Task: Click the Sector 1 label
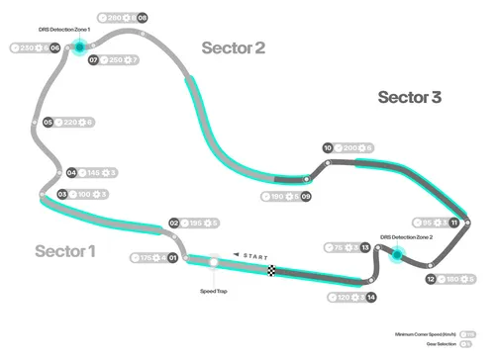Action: click(65, 250)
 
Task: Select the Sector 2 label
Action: click(234, 47)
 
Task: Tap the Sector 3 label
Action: click(410, 97)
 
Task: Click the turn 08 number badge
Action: click(143, 18)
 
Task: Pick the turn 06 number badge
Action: click(54, 47)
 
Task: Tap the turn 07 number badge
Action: click(93, 60)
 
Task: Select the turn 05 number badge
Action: click(48, 123)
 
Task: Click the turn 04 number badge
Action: click(70, 172)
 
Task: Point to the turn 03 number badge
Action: click(62, 194)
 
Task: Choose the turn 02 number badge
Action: click(174, 224)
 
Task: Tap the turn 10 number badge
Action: click(328, 148)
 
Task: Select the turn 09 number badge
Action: click(306, 197)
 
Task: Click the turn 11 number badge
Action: click(453, 224)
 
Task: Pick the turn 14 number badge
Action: click(370, 297)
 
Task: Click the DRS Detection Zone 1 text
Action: click(61, 30)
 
